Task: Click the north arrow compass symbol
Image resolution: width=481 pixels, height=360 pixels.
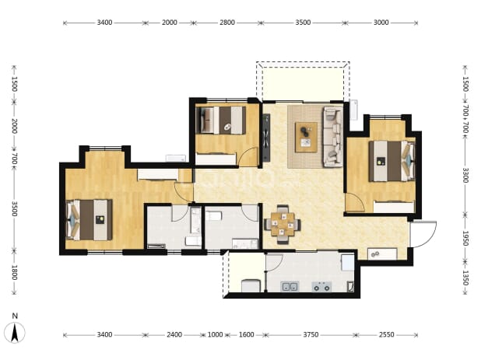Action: (15, 333)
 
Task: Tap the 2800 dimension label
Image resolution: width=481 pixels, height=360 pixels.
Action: (227, 23)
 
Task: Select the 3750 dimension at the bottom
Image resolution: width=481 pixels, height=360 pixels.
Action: (311, 334)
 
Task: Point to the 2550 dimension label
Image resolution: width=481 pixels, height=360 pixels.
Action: (386, 334)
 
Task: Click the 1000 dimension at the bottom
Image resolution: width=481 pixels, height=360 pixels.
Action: (215, 334)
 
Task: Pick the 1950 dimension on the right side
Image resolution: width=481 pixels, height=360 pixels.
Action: (465, 238)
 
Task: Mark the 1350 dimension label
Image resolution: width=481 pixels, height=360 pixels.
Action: (465, 278)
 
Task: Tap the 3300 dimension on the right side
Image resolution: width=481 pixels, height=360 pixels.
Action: (465, 175)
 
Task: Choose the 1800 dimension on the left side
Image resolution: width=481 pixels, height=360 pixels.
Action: (14, 272)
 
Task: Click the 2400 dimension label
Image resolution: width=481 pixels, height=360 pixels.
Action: (174, 334)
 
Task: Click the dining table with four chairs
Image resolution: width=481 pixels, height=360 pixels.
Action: (283, 225)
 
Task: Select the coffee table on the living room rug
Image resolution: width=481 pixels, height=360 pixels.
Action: (306, 137)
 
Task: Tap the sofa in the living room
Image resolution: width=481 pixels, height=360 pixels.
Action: (333, 137)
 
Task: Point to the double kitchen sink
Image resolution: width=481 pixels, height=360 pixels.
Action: (290, 287)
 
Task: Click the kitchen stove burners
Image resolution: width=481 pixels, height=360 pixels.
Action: (321, 287)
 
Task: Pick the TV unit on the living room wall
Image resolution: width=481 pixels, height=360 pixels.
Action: (266, 138)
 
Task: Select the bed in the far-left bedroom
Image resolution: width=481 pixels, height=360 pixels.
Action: (89, 220)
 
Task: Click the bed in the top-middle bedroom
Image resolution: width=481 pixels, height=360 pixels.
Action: (221, 120)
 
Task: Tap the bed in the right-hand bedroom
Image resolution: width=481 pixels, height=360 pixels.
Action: (391, 161)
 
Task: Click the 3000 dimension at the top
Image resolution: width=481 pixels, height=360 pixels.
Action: (381, 23)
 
